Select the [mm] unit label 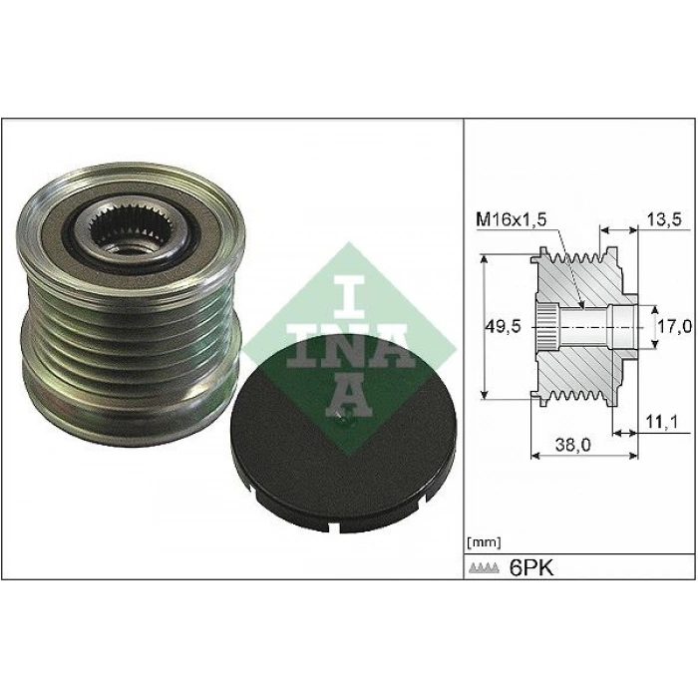click(x=483, y=542)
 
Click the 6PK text click(x=529, y=567)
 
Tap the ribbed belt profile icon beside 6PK click(x=484, y=569)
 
